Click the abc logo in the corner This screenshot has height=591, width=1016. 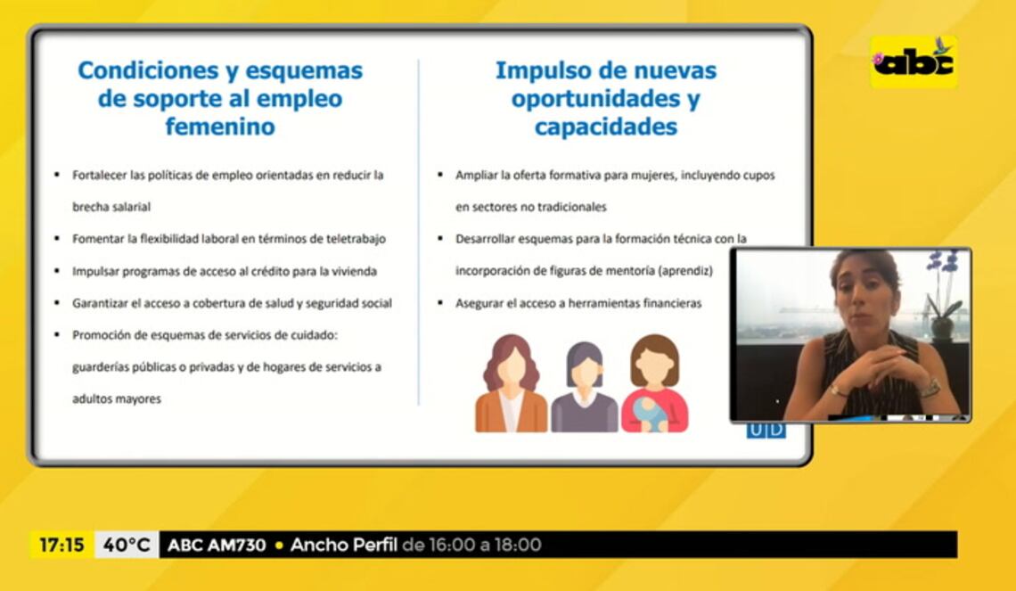(914, 62)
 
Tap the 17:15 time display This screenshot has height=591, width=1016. (61, 545)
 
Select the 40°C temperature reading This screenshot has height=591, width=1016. (127, 545)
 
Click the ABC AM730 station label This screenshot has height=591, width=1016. (217, 545)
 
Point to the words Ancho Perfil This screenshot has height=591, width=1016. (343, 545)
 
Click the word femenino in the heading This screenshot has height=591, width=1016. (220, 127)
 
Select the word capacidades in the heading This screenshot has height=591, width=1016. (606, 127)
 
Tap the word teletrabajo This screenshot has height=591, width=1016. (355, 239)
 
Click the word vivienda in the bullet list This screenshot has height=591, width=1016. (355, 271)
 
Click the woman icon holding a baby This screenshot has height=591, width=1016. (654, 383)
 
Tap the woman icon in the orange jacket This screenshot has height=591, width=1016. (511, 383)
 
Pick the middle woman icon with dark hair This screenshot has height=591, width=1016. (585, 388)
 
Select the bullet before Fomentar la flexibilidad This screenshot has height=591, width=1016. (57, 239)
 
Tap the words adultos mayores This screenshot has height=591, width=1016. (117, 399)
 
